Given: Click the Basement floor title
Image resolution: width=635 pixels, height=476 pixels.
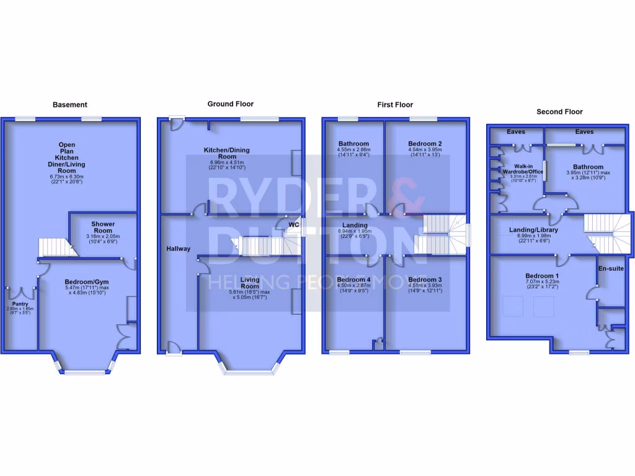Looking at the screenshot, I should (69, 105).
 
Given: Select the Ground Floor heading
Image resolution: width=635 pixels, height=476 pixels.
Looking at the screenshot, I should (230, 104).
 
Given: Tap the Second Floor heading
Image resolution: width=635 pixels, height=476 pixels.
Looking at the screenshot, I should (559, 112).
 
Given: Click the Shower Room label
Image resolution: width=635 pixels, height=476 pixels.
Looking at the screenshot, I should (103, 227).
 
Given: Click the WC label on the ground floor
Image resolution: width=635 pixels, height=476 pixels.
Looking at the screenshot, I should (294, 224).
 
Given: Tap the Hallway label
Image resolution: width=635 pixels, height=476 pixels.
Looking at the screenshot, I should (178, 249).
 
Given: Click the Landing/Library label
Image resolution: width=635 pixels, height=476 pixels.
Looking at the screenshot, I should (533, 230).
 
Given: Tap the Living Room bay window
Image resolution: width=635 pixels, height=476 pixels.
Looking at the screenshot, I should (250, 372).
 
